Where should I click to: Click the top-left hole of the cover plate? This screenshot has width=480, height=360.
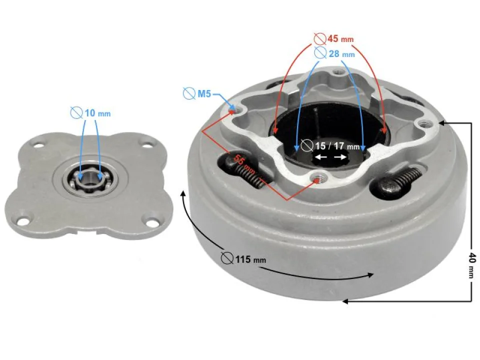point(38,145)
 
